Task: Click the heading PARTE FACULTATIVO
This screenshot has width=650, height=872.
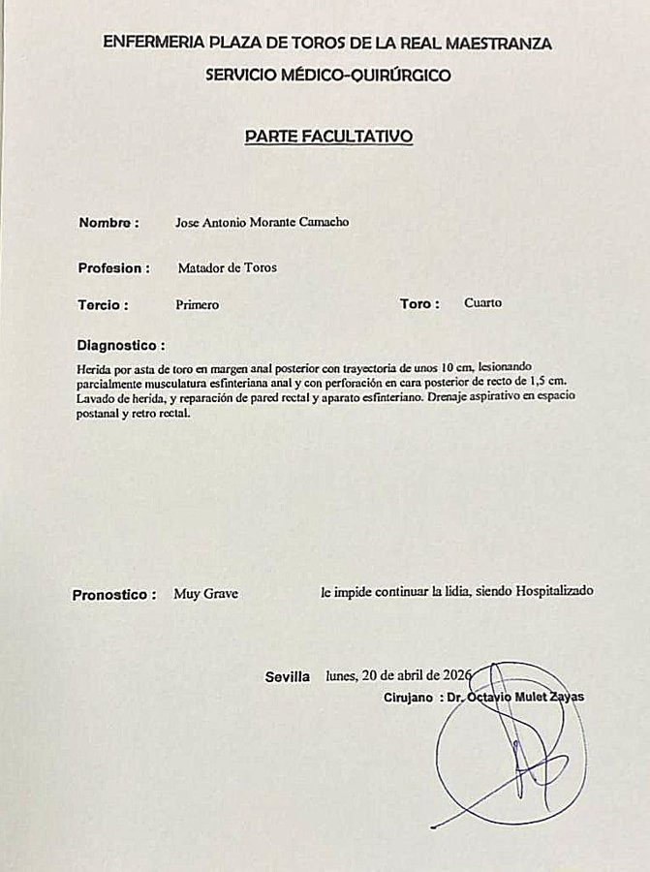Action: (329, 137)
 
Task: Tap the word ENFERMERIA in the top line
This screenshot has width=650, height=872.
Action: (154, 44)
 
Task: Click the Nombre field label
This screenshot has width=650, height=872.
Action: (108, 223)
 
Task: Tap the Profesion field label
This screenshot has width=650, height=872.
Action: (113, 268)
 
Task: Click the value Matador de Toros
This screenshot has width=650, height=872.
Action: (228, 267)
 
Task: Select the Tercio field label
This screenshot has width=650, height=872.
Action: (103, 305)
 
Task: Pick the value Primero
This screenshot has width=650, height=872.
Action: (198, 304)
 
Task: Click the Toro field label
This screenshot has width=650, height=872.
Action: (419, 304)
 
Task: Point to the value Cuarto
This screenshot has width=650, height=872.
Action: (482, 303)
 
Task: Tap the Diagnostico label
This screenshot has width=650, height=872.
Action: (121, 345)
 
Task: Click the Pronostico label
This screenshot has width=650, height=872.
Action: (114, 595)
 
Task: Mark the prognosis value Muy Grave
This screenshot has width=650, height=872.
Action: (205, 594)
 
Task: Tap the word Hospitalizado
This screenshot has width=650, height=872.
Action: (555, 590)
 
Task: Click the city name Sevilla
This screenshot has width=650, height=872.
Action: (288, 677)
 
